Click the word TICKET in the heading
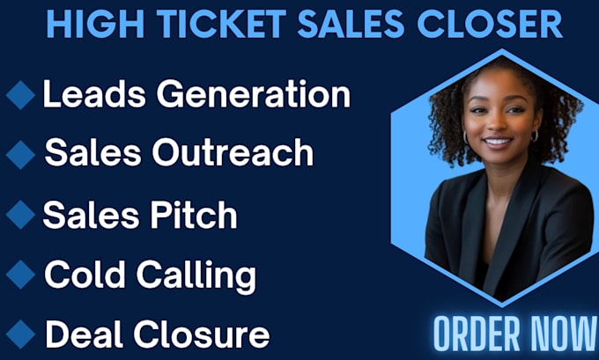pyautogui.click(x=221, y=24)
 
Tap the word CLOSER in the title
pyautogui.click(x=490, y=24)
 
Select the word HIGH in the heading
pyautogui.click(x=95, y=24)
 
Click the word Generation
pyautogui.click(x=254, y=94)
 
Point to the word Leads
pyautogui.click(x=94, y=94)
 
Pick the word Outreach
pyautogui.click(x=233, y=152)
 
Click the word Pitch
pyautogui.click(x=194, y=214)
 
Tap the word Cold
pyautogui.click(x=85, y=274)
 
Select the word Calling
pyautogui.click(x=196, y=277)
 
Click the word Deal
pyautogui.click(x=85, y=334)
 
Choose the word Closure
pyautogui.click(x=202, y=334)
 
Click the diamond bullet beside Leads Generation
pyautogui.click(x=20, y=95)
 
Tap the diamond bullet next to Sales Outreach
pyautogui.click(x=20, y=155)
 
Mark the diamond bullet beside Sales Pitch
pyautogui.click(x=20, y=215)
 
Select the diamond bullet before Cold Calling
pyautogui.click(x=20, y=274)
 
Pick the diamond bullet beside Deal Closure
pyautogui.click(x=20, y=334)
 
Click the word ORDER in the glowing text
pyautogui.click(x=477, y=334)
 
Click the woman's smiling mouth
pyautogui.click(x=498, y=143)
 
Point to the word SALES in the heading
pyautogui.click(x=351, y=24)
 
